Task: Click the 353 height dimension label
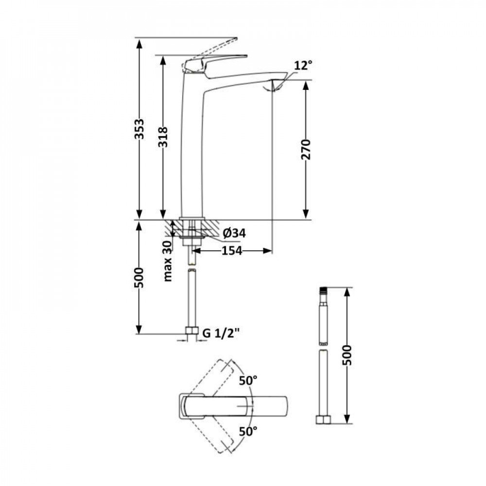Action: click(x=140, y=129)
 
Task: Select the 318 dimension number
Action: click(x=163, y=137)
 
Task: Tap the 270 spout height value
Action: click(x=306, y=150)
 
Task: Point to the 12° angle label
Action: click(x=303, y=65)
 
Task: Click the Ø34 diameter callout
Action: click(x=234, y=233)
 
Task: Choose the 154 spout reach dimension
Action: click(x=232, y=251)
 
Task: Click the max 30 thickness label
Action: click(x=168, y=261)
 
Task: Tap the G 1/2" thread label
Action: click(x=221, y=333)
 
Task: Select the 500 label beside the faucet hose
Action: click(x=139, y=278)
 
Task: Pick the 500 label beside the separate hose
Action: click(x=348, y=355)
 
